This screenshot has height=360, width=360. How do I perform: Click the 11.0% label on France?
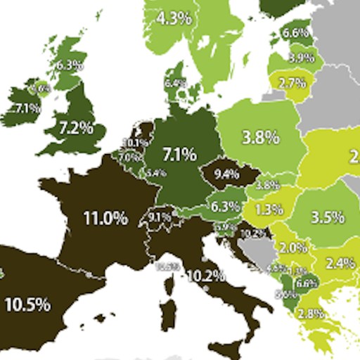click(105, 219)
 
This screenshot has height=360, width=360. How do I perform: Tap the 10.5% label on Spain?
click(27, 304)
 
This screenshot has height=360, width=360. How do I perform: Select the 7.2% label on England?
click(77, 128)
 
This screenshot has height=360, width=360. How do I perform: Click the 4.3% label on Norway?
click(174, 18)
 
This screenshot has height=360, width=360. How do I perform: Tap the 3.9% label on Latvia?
click(301, 58)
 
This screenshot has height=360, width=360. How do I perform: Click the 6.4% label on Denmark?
click(174, 83)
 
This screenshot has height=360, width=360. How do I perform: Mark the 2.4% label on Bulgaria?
click(340, 263)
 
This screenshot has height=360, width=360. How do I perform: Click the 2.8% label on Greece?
click(315, 314)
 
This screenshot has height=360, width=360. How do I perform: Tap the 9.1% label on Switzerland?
click(160, 217)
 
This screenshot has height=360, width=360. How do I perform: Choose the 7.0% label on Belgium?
click(129, 158)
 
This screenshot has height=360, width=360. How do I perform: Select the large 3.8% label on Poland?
click(260, 138)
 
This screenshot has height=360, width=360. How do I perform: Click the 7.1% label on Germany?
click(179, 154)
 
